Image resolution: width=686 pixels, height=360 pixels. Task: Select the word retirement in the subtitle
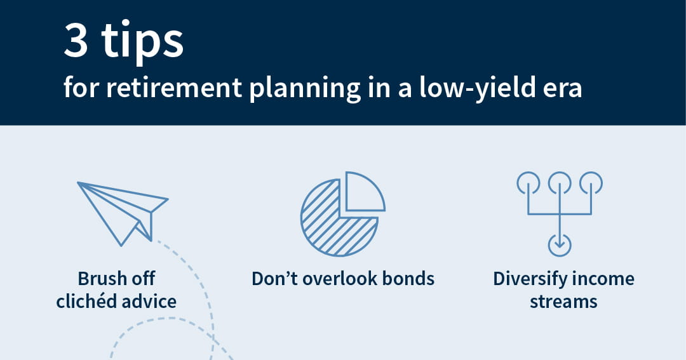[x=174, y=87]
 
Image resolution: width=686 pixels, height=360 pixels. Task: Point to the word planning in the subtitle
[x=304, y=90]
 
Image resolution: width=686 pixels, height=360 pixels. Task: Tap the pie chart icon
[x=343, y=213]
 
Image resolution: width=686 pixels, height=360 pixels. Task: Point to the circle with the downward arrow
[x=560, y=245]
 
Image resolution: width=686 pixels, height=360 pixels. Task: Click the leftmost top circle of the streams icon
[x=528, y=182]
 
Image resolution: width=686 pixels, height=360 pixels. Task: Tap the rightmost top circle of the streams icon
[x=591, y=182]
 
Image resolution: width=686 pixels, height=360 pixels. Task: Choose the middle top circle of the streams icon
[x=560, y=182]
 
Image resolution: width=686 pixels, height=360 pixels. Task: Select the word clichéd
[x=86, y=302]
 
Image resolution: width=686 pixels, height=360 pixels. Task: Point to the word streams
[x=563, y=302]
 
